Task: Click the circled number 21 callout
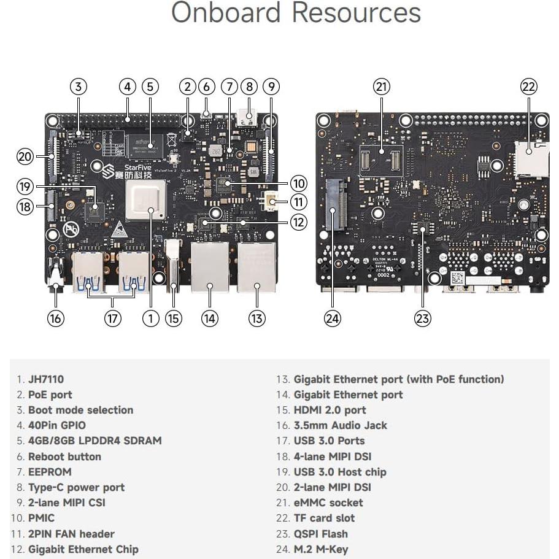coord(382,87)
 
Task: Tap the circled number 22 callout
coord(528,87)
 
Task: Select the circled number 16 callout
coord(56,318)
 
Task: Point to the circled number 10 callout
coord(298,183)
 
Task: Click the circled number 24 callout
coord(333,318)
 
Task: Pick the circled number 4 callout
coord(127,87)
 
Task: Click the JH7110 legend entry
coord(48,379)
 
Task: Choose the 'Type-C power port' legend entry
coord(76,487)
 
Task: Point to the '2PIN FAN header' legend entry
coord(71,534)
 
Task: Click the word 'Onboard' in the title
coord(225,13)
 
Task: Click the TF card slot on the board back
coord(529,159)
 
